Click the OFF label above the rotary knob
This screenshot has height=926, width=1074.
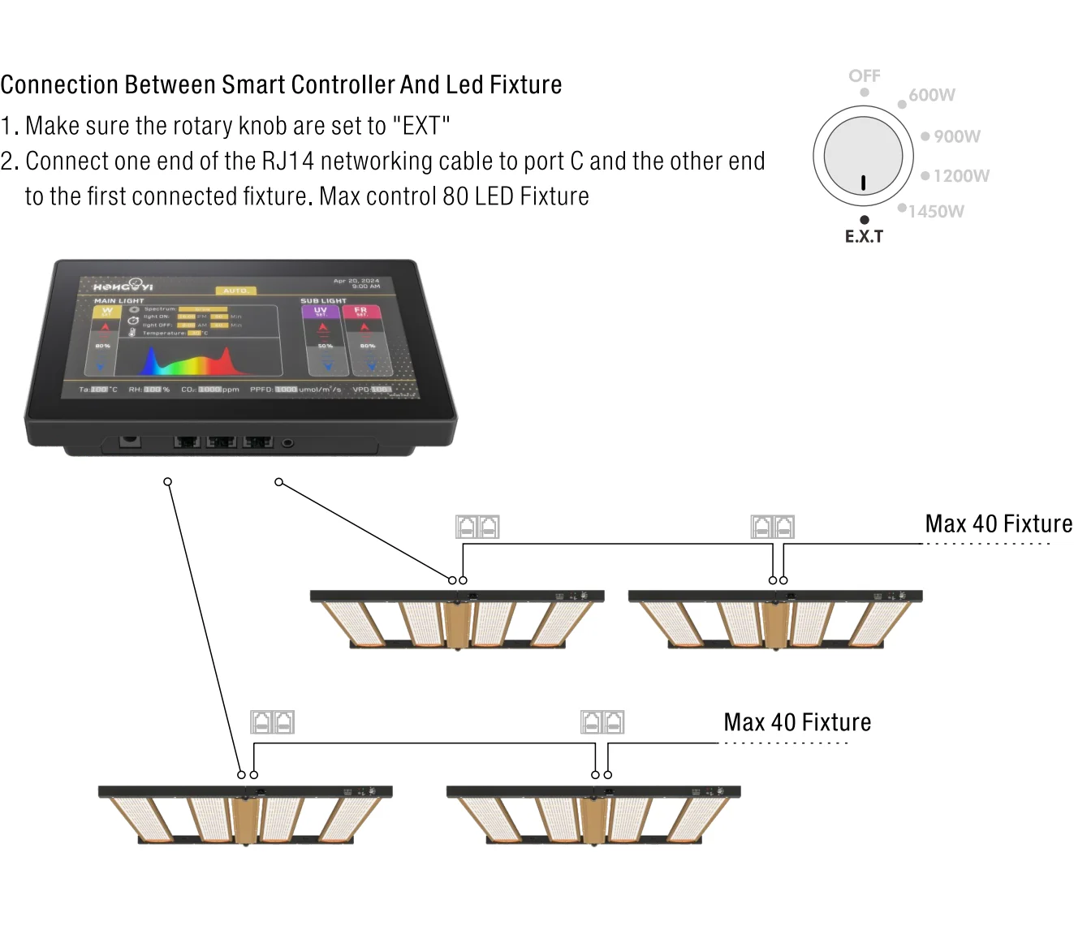click(x=864, y=75)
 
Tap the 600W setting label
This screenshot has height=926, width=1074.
click(x=932, y=95)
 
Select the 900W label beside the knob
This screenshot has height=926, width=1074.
click(x=956, y=136)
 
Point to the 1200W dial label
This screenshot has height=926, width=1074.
click(x=961, y=176)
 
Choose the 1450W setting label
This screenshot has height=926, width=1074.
click(x=936, y=212)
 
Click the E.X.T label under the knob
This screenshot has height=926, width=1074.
click(x=864, y=236)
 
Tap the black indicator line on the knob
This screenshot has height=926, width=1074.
click(x=863, y=183)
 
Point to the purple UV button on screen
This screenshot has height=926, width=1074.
click(x=321, y=311)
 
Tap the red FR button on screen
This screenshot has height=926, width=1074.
click(x=360, y=311)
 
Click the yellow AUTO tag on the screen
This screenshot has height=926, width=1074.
click(x=235, y=291)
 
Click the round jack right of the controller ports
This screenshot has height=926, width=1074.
click(x=287, y=442)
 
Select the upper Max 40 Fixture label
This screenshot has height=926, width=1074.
click(x=999, y=523)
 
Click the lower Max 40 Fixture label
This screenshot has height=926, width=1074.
click(x=797, y=722)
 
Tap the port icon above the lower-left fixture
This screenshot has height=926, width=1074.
click(x=272, y=721)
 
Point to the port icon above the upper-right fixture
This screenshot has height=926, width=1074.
click(x=772, y=527)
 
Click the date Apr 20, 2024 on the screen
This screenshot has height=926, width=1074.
click(x=356, y=281)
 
